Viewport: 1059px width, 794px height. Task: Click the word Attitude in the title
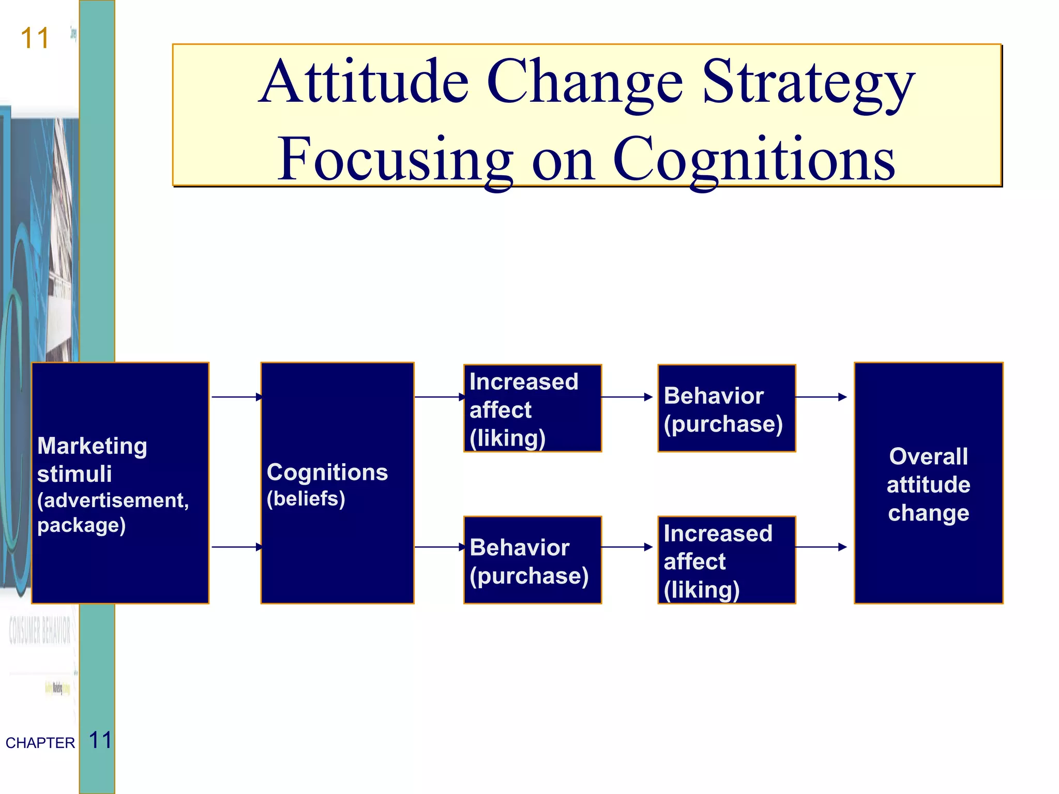(x=364, y=83)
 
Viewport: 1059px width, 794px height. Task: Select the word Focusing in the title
(x=396, y=160)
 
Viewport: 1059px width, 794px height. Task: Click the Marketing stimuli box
(x=120, y=483)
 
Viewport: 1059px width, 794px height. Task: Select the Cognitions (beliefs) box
(x=337, y=483)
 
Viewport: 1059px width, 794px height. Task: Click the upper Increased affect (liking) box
(x=532, y=408)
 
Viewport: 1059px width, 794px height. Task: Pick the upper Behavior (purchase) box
(x=726, y=408)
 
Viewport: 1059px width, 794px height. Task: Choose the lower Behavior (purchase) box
(x=532, y=560)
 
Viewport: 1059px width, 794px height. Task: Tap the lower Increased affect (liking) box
(x=726, y=560)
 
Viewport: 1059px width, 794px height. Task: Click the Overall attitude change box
(x=928, y=483)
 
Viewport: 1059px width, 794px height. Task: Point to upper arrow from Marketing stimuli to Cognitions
(x=236, y=397)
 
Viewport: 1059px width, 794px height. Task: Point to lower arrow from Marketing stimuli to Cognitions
(x=236, y=547)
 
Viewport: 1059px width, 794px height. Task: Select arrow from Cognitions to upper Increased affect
(x=439, y=397)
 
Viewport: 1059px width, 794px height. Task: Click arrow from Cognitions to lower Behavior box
(x=439, y=547)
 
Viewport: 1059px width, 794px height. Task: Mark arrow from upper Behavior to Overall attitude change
(x=820, y=397)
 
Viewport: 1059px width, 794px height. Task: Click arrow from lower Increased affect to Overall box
(x=820, y=547)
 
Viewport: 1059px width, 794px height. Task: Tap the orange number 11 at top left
(x=35, y=39)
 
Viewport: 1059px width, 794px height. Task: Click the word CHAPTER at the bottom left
(x=40, y=743)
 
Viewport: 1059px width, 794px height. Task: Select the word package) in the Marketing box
(x=81, y=526)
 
